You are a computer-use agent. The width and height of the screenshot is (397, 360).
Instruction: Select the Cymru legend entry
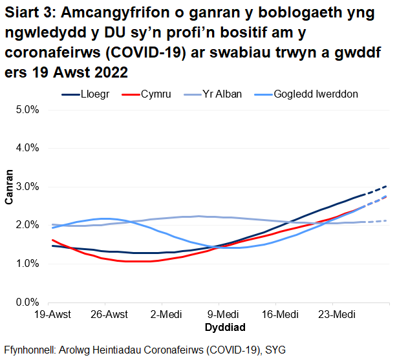[156, 94]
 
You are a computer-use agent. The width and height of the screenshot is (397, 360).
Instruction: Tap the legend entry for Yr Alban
[220, 94]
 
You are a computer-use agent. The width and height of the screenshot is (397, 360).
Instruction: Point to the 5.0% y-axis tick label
[28, 110]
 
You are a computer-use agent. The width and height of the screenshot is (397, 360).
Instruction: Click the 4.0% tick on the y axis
[28, 148]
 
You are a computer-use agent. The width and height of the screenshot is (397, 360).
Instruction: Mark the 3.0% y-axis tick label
[28, 187]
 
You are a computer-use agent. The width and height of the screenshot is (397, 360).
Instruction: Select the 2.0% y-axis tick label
[28, 225]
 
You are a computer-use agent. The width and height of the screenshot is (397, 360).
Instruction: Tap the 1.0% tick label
[28, 264]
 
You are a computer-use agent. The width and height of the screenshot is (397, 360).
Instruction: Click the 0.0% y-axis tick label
[28, 302]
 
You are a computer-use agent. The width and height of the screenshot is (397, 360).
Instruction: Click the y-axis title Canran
[9, 187]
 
